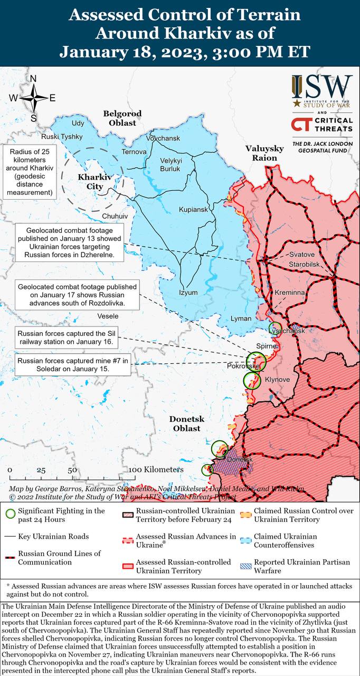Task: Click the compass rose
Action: point(33,98)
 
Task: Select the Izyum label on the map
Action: point(188,293)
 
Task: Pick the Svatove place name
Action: point(301,255)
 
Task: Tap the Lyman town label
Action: point(241,318)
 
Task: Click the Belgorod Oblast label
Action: point(122,118)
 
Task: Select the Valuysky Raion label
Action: point(264,153)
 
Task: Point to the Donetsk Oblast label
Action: point(186,424)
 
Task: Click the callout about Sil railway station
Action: point(66,338)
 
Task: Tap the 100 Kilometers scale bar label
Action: point(156,470)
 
